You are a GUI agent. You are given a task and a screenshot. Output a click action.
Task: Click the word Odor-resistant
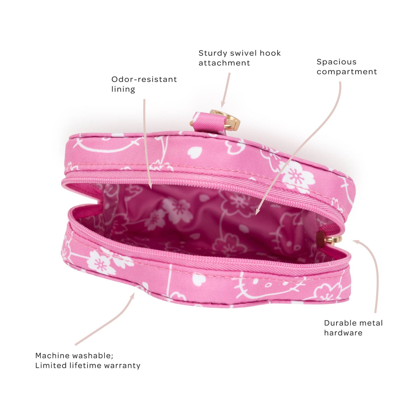click(x=144, y=79)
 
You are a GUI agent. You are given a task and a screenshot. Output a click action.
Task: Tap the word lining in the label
click(x=123, y=89)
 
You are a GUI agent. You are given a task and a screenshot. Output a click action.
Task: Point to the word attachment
click(x=224, y=63)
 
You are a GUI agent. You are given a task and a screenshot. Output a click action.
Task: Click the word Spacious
click(x=337, y=62)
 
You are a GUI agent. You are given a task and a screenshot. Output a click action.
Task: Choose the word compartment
click(x=347, y=72)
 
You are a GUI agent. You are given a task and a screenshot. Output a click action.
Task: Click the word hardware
click(x=343, y=333)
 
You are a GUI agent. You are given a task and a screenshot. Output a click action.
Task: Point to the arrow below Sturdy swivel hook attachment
click(x=226, y=90)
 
